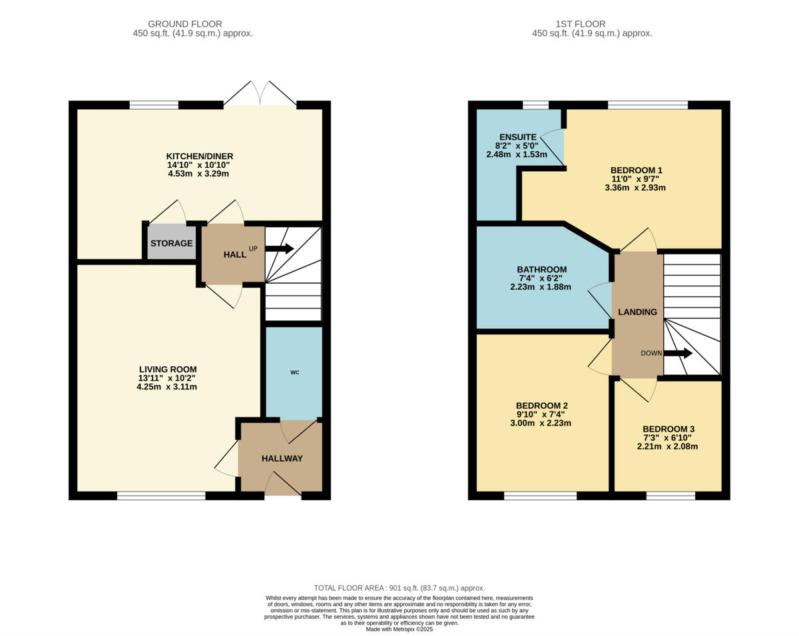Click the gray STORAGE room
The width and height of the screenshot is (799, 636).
(x=171, y=243)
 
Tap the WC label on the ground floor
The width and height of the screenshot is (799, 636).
(x=294, y=372)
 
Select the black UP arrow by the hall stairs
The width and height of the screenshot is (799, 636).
(x=280, y=248)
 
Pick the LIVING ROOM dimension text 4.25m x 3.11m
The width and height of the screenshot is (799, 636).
(x=168, y=386)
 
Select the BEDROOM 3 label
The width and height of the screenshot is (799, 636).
(x=668, y=429)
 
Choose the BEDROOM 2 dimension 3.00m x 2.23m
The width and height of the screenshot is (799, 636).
(x=541, y=423)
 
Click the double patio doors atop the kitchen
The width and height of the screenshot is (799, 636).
(x=260, y=95)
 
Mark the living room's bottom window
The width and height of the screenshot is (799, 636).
(x=161, y=495)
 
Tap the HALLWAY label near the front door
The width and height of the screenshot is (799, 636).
(x=282, y=458)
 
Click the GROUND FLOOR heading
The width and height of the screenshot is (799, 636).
(x=184, y=24)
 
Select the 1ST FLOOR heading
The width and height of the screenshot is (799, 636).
(x=592, y=24)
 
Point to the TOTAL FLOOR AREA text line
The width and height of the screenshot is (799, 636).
(x=399, y=588)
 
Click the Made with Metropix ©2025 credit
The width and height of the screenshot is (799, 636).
(x=399, y=629)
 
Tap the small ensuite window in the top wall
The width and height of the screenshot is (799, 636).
(x=535, y=105)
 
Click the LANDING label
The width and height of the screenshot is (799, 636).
(x=637, y=312)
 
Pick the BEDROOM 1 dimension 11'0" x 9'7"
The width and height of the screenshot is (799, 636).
(x=636, y=179)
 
